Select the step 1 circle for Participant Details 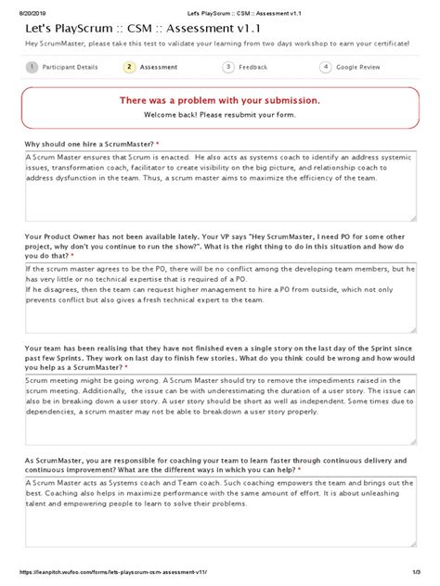[32, 67]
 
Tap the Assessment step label [159, 67]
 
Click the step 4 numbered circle [326, 67]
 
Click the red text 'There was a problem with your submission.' [220, 100]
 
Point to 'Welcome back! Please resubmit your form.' [220, 115]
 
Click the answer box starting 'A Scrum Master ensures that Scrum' [220, 185]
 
